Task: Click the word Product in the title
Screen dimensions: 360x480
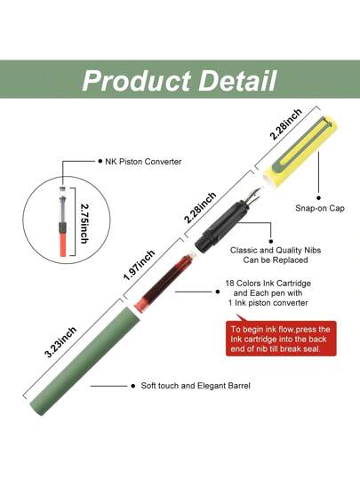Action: coord(137,81)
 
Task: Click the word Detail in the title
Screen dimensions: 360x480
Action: coord(238,81)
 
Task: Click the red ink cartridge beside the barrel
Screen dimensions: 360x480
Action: coord(164,282)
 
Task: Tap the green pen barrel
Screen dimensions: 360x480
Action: coord(85,361)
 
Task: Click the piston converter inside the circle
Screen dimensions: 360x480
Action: coord(62,221)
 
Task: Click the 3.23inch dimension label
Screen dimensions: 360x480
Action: coord(60,342)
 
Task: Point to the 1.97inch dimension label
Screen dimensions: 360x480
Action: coord(140,265)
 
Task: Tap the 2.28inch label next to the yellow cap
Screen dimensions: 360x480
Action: coord(286,124)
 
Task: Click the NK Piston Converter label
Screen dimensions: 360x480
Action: coord(143,161)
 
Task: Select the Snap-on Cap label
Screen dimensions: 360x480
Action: coord(320,208)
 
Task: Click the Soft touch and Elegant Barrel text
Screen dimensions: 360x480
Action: coord(196,386)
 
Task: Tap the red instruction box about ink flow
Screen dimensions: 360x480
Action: coord(281,339)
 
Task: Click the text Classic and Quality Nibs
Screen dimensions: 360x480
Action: coord(276,250)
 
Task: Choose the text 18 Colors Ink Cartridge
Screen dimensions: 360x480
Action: coord(268,284)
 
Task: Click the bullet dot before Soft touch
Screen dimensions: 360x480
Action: coord(132,386)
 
